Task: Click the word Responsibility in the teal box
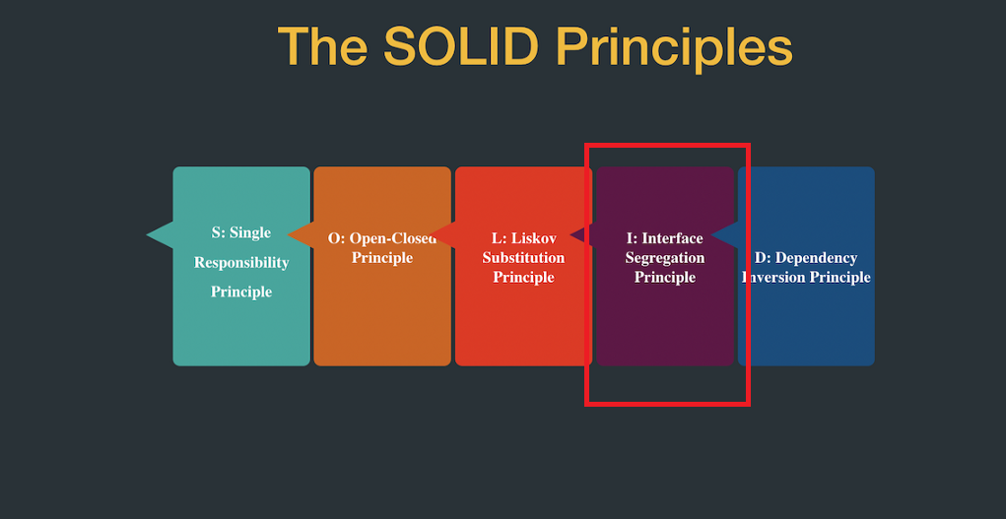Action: [241, 263]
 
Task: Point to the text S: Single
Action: [241, 233]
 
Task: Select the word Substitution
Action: [524, 258]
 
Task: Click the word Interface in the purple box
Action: [673, 238]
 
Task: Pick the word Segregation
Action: [665, 258]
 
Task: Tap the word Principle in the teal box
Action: [241, 292]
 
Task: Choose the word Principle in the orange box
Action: [382, 258]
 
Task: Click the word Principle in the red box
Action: [524, 278]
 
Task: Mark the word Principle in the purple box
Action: [665, 278]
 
